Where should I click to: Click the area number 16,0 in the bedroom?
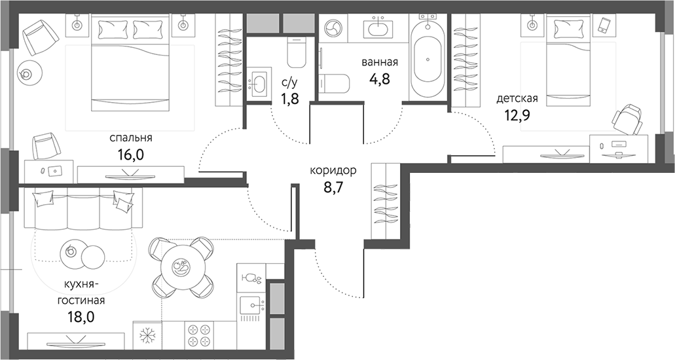click(x=132, y=157)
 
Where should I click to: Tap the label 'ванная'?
click(x=380, y=63)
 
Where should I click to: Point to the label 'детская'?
click(x=517, y=99)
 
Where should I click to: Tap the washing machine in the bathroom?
click(x=333, y=28)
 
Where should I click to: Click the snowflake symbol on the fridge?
click(x=147, y=336)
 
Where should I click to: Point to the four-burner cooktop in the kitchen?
click(x=198, y=335)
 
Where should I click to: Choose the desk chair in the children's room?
click(x=627, y=119)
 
